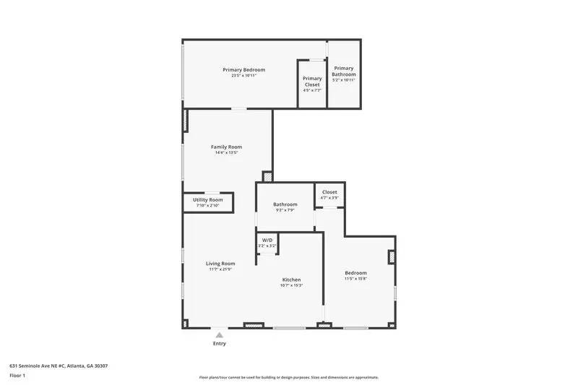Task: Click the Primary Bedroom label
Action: (x=243, y=70)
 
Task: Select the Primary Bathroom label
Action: (x=344, y=71)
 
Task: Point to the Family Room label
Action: (x=225, y=147)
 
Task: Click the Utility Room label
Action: (x=207, y=199)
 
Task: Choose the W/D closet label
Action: (x=267, y=240)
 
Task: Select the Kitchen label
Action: (x=291, y=280)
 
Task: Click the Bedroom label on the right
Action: (x=355, y=272)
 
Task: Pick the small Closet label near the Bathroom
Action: (x=329, y=192)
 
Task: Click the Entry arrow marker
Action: (x=219, y=335)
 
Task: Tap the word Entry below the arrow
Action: (x=219, y=344)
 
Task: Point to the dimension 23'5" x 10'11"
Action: (x=243, y=76)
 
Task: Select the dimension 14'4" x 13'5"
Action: (x=225, y=152)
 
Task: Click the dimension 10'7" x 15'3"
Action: (x=291, y=285)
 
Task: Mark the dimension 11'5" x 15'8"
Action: (x=355, y=278)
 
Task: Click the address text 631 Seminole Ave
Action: (x=59, y=365)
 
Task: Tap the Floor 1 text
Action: (x=17, y=376)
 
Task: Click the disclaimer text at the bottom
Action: (x=289, y=377)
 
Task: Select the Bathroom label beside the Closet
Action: (x=285, y=204)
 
